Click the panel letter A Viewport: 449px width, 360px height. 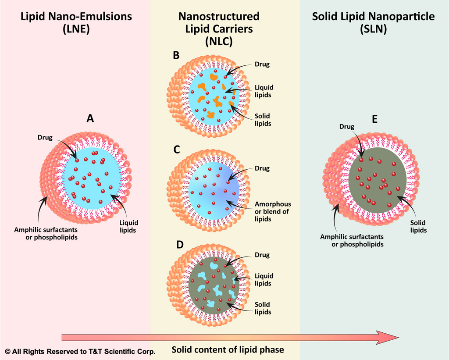(90, 118)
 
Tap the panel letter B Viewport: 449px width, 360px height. (176, 55)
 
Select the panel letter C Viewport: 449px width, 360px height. (177, 150)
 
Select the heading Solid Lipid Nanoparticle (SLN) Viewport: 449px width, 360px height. (374, 23)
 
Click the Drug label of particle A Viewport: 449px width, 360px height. (45, 138)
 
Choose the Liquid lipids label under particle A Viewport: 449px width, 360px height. (128, 226)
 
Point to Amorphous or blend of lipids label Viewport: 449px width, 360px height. (273, 211)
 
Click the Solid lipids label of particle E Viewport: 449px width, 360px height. (419, 226)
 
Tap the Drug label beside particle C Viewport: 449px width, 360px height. (262, 168)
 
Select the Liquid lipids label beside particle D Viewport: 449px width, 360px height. (264, 279)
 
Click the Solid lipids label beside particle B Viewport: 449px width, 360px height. (263, 120)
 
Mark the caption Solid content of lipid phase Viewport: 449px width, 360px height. (228, 349)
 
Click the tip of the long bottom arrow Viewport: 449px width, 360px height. (397, 337)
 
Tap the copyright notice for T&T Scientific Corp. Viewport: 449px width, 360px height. (80, 352)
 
